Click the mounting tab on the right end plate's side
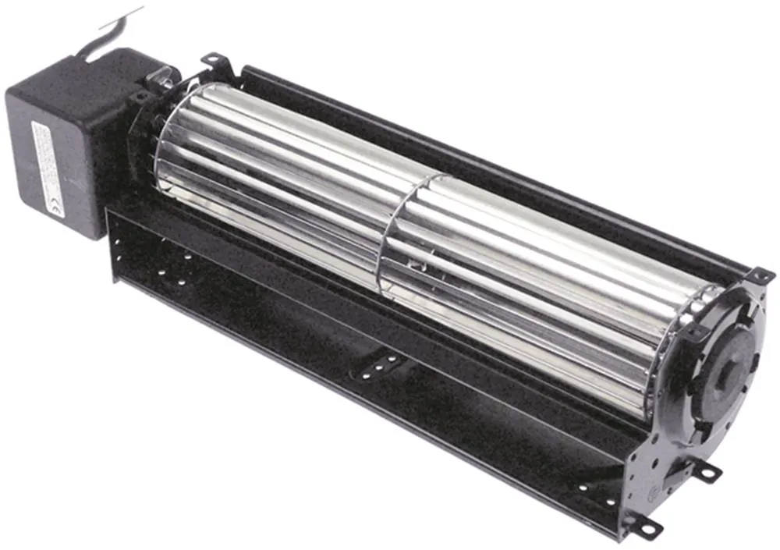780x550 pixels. (709, 470)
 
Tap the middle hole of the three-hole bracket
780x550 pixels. (380, 364)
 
